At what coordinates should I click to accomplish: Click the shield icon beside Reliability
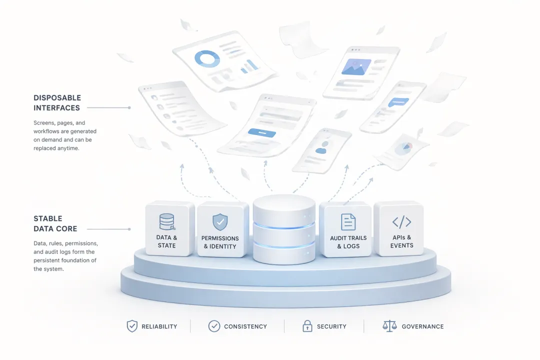[x=132, y=326]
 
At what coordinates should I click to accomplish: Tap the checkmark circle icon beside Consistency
[x=214, y=326]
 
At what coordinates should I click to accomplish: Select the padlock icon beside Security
[x=307, y=326]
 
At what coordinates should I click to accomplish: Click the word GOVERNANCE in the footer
[x=422, y=326]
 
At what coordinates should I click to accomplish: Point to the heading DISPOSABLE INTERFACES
[x=57, y=102]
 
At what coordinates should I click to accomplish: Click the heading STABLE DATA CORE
[x=55, y=223]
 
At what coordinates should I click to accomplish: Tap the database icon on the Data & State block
[x=166, y=221]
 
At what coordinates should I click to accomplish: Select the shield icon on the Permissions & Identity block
[x=220, y=221]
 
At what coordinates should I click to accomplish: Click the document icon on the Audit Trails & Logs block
[x=348, y=221]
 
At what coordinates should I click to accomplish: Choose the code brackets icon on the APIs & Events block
[x=401, y=221]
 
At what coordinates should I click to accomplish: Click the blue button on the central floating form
[x=262, y=132]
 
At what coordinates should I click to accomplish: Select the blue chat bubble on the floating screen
[x=398, y=102]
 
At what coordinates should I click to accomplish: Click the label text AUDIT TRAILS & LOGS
[x=348, y=242]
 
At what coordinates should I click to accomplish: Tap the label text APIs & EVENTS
[x=401, y=241]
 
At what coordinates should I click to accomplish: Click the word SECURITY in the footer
[x=331, y=326]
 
